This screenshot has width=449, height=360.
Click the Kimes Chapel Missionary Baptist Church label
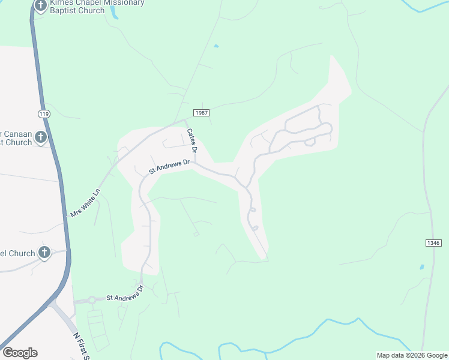tap(97, 7)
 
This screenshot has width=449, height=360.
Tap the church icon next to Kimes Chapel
tap(40, 6)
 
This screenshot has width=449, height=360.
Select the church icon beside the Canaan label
tap(40, 137)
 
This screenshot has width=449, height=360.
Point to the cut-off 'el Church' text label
tap(17, 253)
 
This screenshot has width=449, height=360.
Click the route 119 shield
tap(43, 113)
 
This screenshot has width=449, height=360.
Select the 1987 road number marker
tap(201, 113)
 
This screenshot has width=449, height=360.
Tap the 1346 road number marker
tap(433, 243)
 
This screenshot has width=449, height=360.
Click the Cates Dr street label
tap(192, 140)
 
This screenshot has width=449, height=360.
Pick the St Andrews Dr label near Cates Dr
tap(169, 166)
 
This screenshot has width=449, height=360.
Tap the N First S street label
tap(80, 347)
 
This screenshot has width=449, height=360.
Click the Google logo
tap(20, 353)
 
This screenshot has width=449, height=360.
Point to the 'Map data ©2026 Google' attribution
tap(412, 355)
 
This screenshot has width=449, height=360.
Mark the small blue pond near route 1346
tap(421, 267)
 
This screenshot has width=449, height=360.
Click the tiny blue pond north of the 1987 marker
tap(215, 46)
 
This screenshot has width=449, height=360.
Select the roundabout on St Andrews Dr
tap(92, 299)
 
